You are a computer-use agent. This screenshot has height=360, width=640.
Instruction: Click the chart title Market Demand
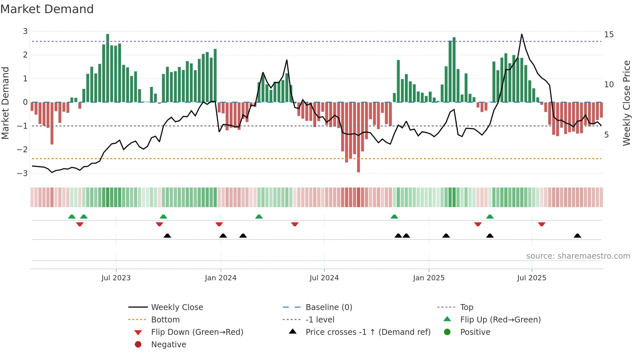[x=47, y=9]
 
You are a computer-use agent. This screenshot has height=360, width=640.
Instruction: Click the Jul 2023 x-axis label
[x=116, y=278]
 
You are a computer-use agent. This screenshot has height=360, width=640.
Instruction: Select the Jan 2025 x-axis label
[x=429, y=278]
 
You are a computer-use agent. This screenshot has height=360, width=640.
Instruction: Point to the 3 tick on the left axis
[x=25, y=31]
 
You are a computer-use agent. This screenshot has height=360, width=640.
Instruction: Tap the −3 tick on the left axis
[x=23, y=173]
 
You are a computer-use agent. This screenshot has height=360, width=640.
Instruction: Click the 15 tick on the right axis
[x=609, y=35]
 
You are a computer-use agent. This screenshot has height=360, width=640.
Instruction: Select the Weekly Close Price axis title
[x=626, y=103]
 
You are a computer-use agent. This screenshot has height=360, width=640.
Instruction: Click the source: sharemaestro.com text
[x=578, y=256]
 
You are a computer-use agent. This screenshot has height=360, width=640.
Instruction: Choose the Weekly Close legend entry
[x=177, y=307]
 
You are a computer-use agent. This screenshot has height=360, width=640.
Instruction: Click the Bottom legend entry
[x=165, y=320]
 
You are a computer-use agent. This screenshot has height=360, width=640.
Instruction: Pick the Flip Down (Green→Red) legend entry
[x=197, y=332]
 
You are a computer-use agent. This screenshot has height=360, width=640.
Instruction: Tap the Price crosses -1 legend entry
[x=368, y=332]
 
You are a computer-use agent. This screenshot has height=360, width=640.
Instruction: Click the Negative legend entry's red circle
[x=138, y=345]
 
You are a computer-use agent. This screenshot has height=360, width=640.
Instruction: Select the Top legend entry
[x=466, y=307]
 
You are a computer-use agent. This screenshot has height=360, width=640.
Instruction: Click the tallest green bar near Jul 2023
[x=108, y=68]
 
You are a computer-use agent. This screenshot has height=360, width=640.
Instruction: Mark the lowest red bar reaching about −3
[x=359, y=137]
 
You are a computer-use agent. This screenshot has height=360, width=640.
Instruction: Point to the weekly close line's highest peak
[x=521, y=34]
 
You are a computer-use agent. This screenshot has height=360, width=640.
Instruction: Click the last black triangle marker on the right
[x=577, y=236]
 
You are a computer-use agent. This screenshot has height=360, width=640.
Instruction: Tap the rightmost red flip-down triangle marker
[x=541, y=224]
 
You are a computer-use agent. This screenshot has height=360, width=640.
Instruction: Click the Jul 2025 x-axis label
[x=532, y=278]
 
